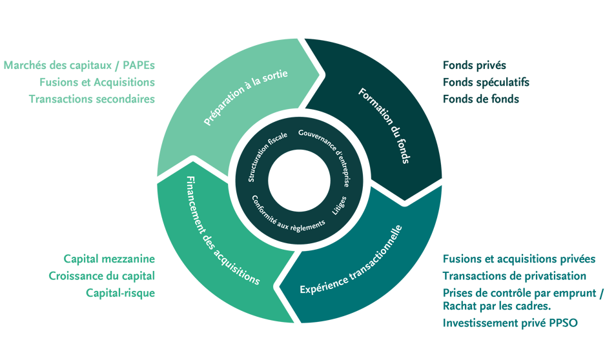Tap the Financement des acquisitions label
pos(222,231)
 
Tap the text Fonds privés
pos(475,65)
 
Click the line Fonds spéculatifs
pos(486,82)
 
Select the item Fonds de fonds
pos(481,99)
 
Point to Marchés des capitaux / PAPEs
pos(79,65)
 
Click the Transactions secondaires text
pos(92,99)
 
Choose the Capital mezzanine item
pos(109,259)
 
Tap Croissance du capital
pos(101,275)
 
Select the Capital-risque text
pos(120,292)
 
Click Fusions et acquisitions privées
pos(518,259)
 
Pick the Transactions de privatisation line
pos(514,275)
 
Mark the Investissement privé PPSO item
pos(509,322)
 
